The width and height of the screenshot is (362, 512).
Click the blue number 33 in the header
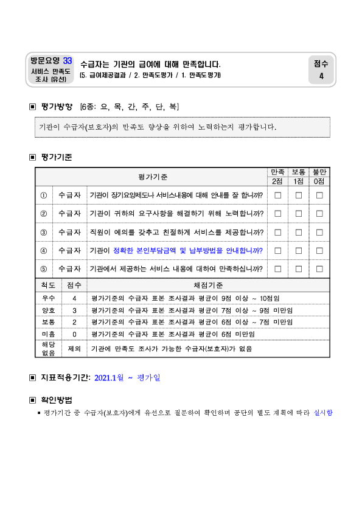[68, 61]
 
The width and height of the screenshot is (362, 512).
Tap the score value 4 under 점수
[321, 76]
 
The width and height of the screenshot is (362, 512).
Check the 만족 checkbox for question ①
[278, 195]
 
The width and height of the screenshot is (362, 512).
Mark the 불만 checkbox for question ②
[319, 214]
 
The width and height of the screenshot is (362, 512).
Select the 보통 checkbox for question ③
[299, 233]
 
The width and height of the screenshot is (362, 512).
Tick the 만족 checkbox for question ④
[278, 251]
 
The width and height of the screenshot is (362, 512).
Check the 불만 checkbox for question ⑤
[319, 269]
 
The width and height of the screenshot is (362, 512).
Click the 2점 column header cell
[277, 181]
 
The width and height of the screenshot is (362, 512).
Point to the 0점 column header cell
[319, 181]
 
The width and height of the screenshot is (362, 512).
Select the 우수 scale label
[48, 298]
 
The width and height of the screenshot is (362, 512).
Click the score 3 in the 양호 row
[74, 310]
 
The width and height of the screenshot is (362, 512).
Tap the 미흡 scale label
[48, 334]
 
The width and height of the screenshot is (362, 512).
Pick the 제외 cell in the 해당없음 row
[74, 349]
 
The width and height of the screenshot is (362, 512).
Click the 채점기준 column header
[208, 286]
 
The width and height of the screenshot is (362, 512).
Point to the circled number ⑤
[43, 269]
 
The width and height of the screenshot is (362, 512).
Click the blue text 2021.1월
[109, 378]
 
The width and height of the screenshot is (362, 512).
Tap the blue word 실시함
[323, 413]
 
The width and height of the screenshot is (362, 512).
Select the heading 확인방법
[57, 400]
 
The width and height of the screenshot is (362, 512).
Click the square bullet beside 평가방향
[33, 107]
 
